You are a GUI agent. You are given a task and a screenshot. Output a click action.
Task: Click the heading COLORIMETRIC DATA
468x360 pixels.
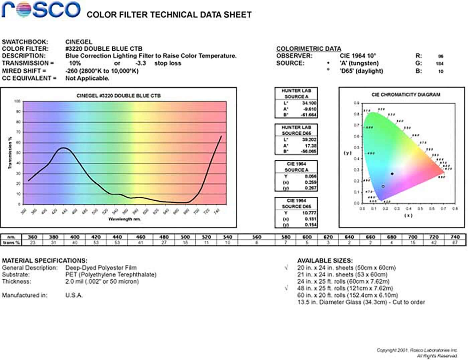pyautogui.click(x=309, y=49)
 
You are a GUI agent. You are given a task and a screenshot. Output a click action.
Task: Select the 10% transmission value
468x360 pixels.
pyautogui.click(x=75, y=63)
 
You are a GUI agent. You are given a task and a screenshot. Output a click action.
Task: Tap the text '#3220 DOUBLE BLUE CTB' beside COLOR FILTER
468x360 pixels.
pyautogui.click(x=104, y=49)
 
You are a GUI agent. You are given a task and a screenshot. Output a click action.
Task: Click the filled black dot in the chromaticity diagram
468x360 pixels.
pyautogui.click(x=392, y=174)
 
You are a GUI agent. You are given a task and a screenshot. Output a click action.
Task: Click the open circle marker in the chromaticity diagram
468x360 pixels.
pyautogui.click(x=383, y=186)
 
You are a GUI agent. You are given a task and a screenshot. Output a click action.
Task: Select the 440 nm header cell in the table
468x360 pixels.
pyautogui.click(x=117, y=237)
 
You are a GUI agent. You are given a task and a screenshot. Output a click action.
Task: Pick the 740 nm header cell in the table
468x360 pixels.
pyautogui.click(x=455, y=237)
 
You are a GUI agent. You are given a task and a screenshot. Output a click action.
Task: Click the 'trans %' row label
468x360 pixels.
pyautogui.click(x=11, y=243)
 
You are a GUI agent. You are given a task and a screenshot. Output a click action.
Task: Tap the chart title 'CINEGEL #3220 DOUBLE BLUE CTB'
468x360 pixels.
pyautogui.click(x=118, y=96)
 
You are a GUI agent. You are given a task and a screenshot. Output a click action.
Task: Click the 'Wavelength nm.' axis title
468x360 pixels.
pyautogui.click(x=124, y=219)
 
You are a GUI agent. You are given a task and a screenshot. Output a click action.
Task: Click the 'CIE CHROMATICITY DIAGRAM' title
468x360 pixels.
pyautogui.click(x=405, y=95)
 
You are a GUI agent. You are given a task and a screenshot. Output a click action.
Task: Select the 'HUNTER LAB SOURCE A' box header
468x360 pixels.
pyautogui.click(x=296, y=94)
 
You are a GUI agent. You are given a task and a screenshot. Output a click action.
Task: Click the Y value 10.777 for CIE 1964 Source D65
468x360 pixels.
pyautogui.click(x=309, y=213)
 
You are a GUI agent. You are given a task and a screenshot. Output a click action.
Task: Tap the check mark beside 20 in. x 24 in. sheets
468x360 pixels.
pyautogui.click(x=286, y=267)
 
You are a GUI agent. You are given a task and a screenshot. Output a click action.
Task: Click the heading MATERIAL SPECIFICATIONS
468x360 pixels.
pyautogui.click(x=44, y=260)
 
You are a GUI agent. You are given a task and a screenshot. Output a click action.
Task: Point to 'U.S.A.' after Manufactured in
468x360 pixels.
pyautogui.click(x=74, y=295)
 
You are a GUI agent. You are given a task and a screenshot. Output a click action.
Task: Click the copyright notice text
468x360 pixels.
pyautogui.click(x=417, y=353)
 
